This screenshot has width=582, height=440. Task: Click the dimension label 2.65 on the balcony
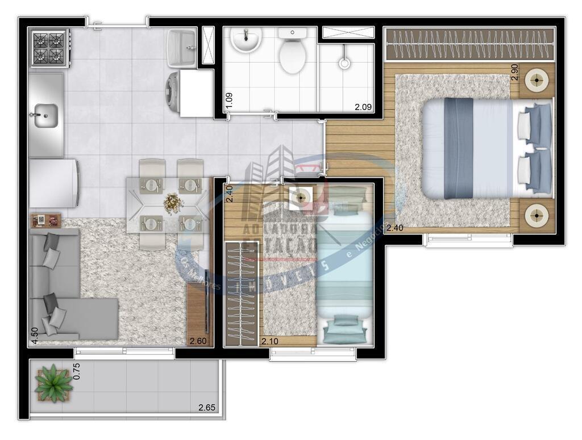pos(207,407)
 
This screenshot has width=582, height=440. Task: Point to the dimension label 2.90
pos(514,72)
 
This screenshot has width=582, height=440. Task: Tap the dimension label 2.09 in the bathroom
pos(363,106)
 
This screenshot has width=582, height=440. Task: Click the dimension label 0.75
pos(77,371)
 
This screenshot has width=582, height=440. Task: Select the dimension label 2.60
pos(198,341)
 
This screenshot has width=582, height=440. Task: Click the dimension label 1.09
pos(229,100)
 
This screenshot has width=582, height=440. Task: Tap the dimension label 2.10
pos(270,341)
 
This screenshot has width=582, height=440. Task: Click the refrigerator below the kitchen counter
pos(53,183)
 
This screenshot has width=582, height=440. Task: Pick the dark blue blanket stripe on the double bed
pos(459,148)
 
